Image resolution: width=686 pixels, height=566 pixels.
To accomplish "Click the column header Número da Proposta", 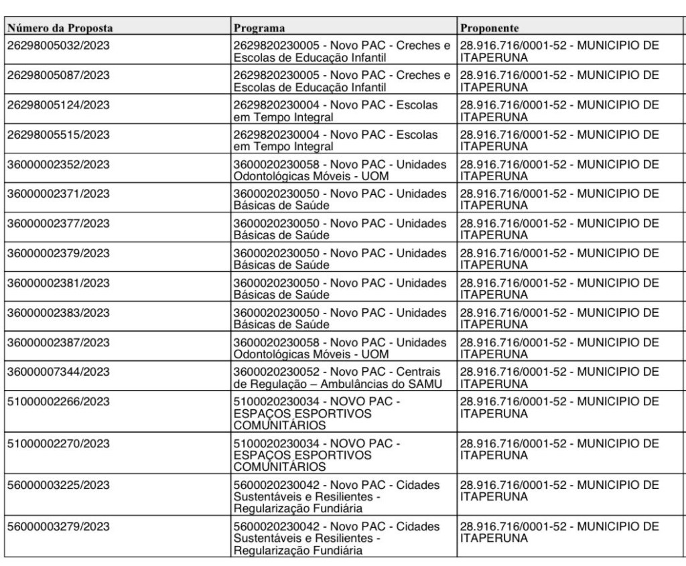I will (x=60, y=28).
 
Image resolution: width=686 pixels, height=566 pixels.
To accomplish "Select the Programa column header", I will (x=259, y=28).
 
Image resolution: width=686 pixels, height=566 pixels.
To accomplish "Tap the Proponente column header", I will (x=488, y=28).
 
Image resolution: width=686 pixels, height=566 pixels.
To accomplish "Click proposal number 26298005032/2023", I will (x=58, y=45).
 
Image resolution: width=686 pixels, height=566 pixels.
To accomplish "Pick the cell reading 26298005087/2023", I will (x=58, y=75).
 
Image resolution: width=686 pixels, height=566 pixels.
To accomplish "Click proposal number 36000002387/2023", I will (x=58, y=342).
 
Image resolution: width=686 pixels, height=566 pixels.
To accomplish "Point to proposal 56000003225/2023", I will (x=58, y=484).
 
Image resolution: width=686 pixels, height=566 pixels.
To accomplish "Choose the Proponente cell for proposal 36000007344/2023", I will (x=559, y=377).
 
